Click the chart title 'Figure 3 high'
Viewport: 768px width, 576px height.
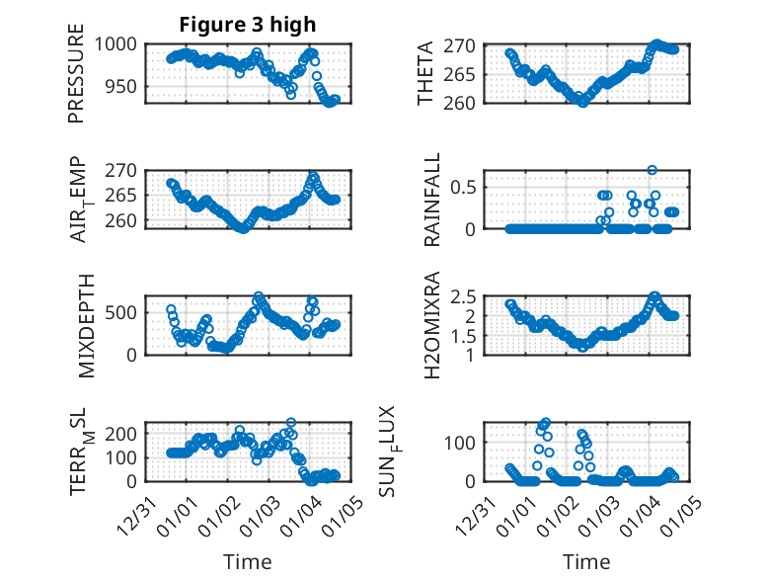click(x=248, y=25)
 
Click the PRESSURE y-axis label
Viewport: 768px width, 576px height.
click(x=76, y=73)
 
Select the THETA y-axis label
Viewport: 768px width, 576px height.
click(x=425, y=73)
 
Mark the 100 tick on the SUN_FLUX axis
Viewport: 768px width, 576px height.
click(x=472, y=441)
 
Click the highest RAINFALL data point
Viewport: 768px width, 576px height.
click(x=652, y=170)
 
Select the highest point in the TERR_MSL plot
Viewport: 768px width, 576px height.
click(x=290, y=422)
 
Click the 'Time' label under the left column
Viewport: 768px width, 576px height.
click(x=248, y=561)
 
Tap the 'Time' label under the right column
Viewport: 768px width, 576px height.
click(x=586, y=561)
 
